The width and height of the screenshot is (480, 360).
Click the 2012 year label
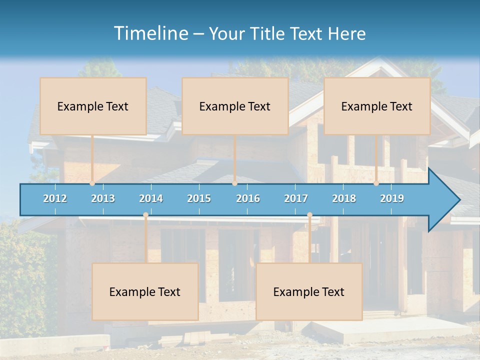click(x=55, y=198)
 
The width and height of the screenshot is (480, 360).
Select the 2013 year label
click(x=103, y=198)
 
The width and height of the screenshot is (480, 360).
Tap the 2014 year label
click(x=151, y=198)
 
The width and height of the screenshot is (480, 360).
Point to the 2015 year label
click(x=199, y=198)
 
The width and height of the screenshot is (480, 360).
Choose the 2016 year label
click(x=248, y=198)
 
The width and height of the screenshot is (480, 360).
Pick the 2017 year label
click(x=296, y=198)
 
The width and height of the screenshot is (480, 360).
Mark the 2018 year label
click(x=344, y=198)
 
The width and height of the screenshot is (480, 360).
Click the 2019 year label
click(x=392, y=198)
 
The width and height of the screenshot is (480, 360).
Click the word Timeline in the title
click(x=150, y=33)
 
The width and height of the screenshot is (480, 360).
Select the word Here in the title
click(x=346, y=34)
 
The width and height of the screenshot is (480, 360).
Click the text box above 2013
click(x=93, y=106)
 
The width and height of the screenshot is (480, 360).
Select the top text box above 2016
click(x=235, y=106)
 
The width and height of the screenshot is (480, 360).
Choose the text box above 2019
click(x=377, y=106)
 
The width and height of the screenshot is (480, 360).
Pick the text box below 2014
click(x=145, y=291)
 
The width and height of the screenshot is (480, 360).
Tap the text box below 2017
click(x=309, y=291)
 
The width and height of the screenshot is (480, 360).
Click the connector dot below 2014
click(x=145, y=215)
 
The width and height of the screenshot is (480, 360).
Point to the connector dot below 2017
click(x=309, y=215)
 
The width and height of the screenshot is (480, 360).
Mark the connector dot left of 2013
click(x=92, y=183)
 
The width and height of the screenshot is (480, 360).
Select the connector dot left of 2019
click(x=376, y=183)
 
